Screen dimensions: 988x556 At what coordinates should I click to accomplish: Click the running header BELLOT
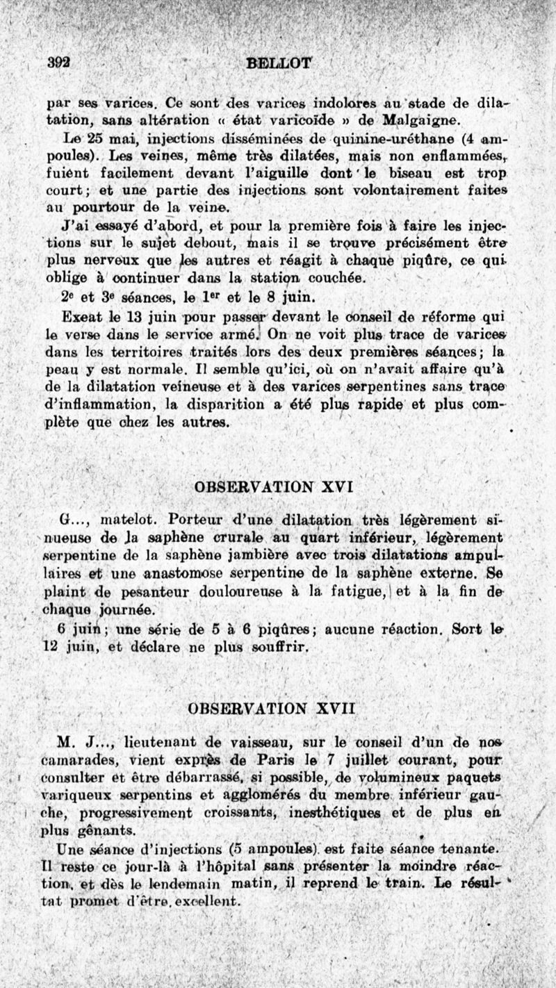pyautogui.click(x=279, y=63)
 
